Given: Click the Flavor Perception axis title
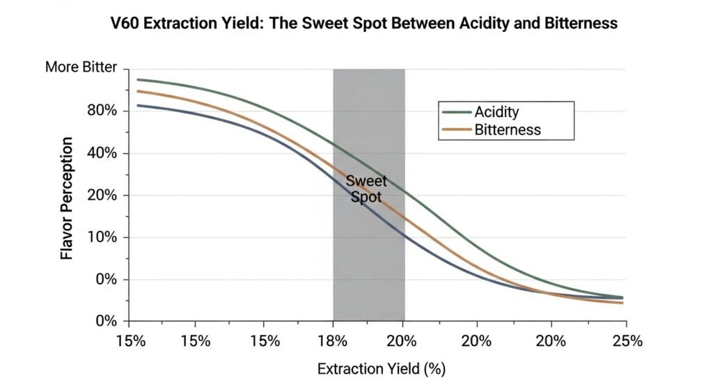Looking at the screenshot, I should pos(67,198).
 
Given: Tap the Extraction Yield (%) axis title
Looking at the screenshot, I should pos(381,368).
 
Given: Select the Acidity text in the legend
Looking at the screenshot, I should pos(496,112).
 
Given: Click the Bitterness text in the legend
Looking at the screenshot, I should pos(508,129).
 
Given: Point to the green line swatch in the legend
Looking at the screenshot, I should pos(457,112).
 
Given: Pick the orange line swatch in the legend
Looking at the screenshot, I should pos(457,129).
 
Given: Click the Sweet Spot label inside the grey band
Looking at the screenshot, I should pos(366,189).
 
